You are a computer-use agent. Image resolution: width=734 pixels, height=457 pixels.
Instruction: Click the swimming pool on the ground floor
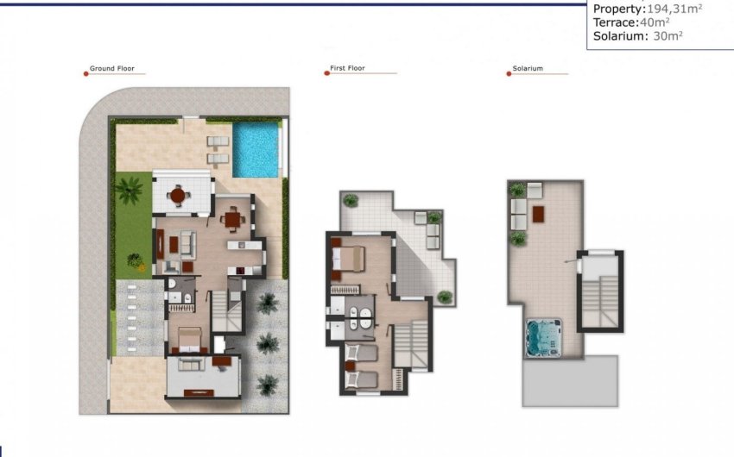257,148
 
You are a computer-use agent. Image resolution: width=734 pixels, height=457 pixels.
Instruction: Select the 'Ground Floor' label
112,69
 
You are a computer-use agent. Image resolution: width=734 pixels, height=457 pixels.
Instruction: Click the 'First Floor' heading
348,69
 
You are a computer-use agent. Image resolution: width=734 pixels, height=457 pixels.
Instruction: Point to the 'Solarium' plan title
528,69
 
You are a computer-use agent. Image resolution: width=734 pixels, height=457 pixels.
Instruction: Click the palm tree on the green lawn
130,188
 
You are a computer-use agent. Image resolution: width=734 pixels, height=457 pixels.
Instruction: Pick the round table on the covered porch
178,196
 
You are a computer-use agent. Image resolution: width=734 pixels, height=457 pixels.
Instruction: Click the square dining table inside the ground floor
231,220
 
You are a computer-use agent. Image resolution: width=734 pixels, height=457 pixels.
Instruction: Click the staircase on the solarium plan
600,293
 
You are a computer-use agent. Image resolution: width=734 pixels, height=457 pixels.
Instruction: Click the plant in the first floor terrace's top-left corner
351,200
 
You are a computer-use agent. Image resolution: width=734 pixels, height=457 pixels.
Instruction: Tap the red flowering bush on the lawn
134,258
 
